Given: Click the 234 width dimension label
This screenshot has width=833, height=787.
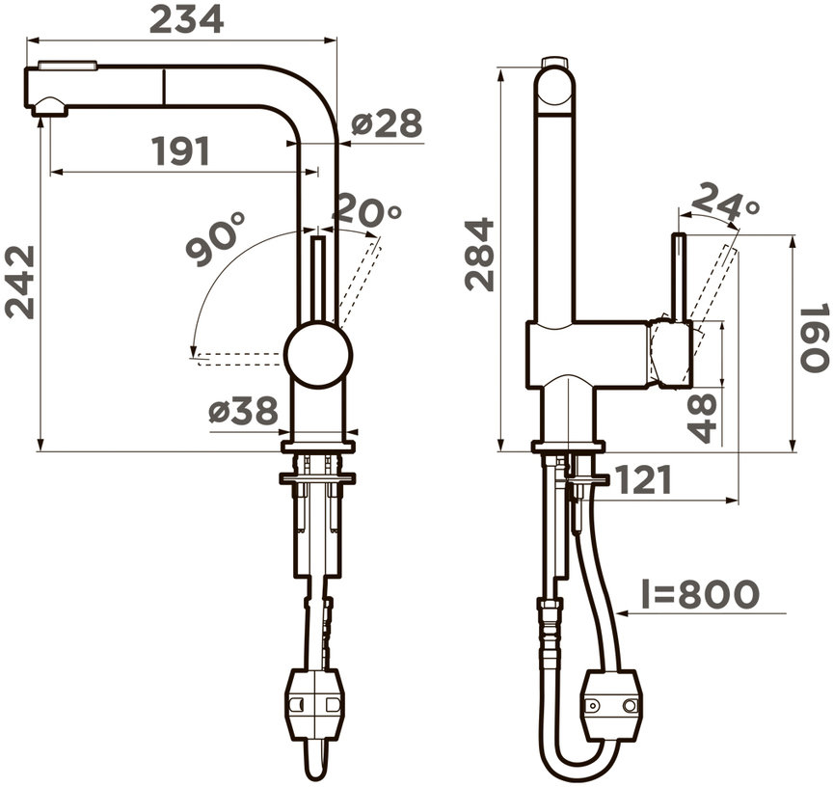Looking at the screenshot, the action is pyautogui.click(x=186, y=20).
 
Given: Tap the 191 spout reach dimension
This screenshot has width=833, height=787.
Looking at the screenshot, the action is pyautogui.click(x=181, y=150).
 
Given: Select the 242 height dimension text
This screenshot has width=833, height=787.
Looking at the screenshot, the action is pyautogui.click(x=20, y=283).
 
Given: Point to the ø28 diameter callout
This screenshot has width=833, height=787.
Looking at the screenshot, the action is pyautogui.click(x=387, y=122).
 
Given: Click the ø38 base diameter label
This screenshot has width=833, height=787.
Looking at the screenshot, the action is pyautogui.click(x=243, y=411).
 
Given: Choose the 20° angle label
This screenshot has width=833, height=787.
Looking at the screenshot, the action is pyautogui.click(x=366, y=209).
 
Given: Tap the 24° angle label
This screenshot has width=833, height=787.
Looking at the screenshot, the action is pyautogui.click(x=725, y=201).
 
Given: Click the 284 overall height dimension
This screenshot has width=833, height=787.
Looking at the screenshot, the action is pyautogui.click(x=479, y=255).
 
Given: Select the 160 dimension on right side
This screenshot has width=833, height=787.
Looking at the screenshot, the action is pyautogui.click(x=814, y=338).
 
